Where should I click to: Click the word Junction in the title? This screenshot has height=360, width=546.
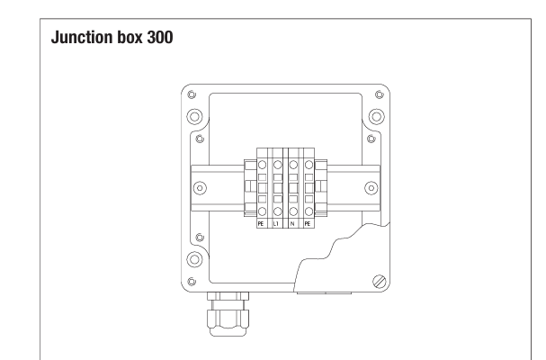(x=82, y=38)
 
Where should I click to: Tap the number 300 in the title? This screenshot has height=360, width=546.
(x=160, y=37)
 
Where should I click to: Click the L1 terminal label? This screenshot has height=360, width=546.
(x=276, y=224)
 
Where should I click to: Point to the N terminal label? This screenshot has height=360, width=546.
(x=291, y=224)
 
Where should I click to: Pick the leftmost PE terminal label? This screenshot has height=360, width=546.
(x=261, y=224)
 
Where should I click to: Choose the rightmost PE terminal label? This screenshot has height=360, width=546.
(x=307, y=224)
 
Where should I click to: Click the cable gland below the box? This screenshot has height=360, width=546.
(x=228, y=314)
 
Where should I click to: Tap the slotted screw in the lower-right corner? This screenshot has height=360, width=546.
(x=380, y=282)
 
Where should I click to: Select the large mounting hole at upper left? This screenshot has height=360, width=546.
(x=194, y=116)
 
